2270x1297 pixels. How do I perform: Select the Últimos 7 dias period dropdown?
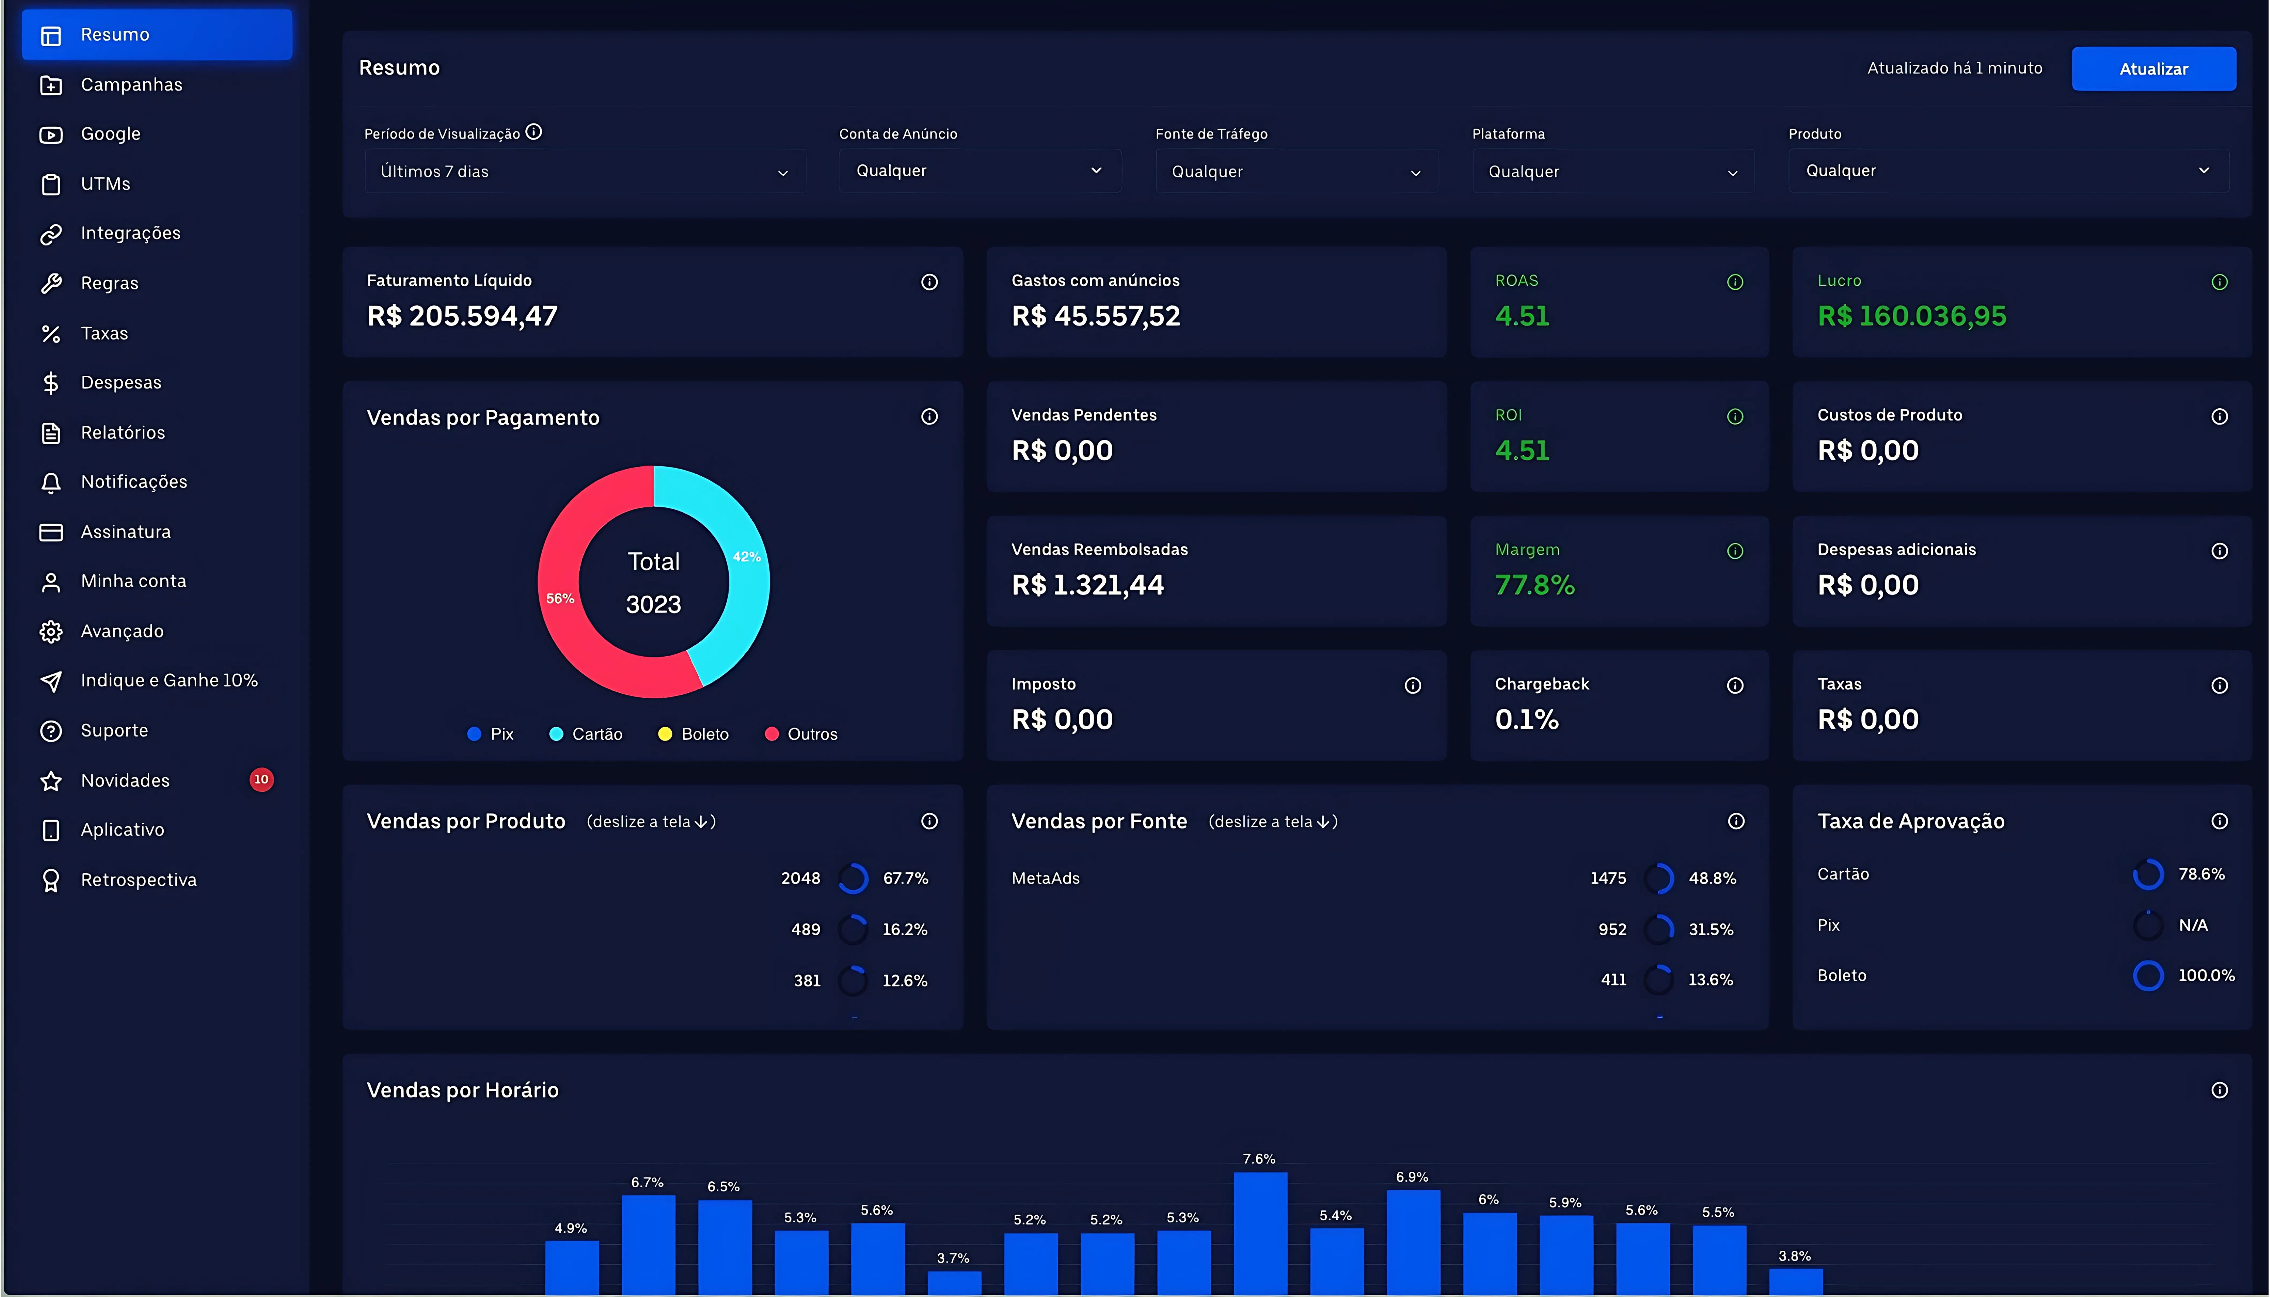click(x=584, y=171)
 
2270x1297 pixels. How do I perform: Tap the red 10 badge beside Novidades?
click(x=261, y=779)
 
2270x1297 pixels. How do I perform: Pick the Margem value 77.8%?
click(x=1534, y=585)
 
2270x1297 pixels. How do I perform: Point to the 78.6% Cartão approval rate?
click(x=2201, y=874)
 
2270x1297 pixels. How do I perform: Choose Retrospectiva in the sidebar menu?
click(x=138, y=879)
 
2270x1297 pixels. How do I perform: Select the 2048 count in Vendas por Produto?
click(x=800, y=878)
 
